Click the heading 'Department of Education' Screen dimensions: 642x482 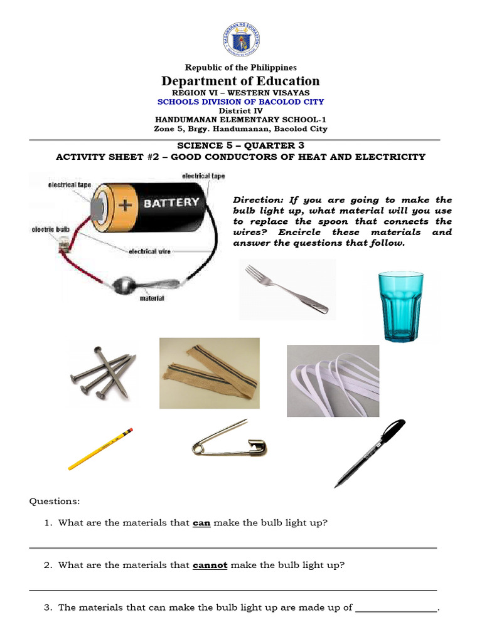(x=241, y=81)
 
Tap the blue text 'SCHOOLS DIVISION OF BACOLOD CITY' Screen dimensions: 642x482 (x=241, y=102)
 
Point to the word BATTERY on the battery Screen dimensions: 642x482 (x=171, y=203)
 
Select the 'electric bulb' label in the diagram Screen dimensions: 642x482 (x=50, y=230)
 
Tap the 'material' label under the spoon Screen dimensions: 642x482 (x=151, y=298)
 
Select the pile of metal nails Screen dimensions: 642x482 (x=102, y=372)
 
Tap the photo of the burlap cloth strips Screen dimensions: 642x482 (x=209, y=372)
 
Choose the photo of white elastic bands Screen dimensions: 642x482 (x=333, y=381)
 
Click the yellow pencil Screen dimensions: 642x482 (x=100, y=448)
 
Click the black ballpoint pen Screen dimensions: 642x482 (x=370, y=453)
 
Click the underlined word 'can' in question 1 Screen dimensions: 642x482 (x=201, y=523)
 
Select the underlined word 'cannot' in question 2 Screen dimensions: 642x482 (x=210, y=565)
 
